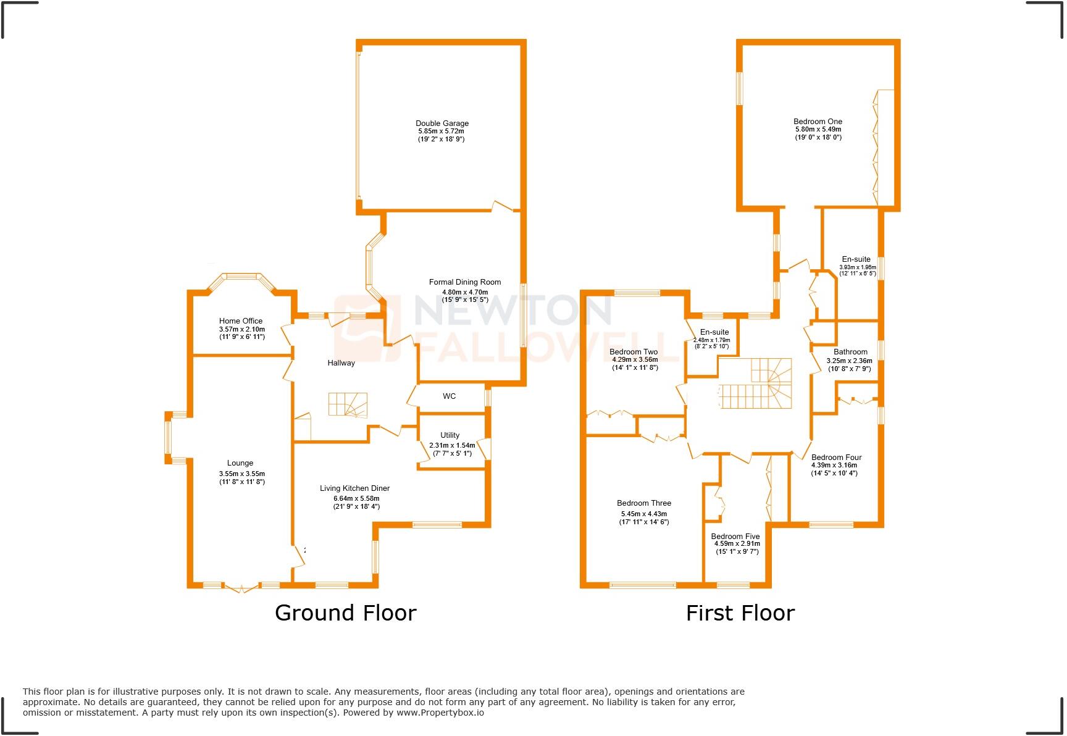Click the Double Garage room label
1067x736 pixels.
coord(441,123)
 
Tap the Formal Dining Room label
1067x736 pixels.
coord(465,282)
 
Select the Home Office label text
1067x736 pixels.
coord(241,321)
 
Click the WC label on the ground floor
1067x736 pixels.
coord(449,396)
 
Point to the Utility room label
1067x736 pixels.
coord(450,435)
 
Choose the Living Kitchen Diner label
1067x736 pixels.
coord(354,488)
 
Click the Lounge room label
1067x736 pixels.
coord(240,463)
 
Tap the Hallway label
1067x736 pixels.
coord(341,363)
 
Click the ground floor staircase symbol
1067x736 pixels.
coord(348,405)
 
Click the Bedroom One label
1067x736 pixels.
coord(818,122)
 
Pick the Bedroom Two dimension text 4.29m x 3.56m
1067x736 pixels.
coord(635,359)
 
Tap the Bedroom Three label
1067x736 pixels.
coord(644,503)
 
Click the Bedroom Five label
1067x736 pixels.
coord(735,537)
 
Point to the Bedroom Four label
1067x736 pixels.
coord(836,458)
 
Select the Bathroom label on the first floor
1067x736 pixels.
coord(850,352)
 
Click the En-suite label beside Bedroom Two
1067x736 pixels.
coord(714,332)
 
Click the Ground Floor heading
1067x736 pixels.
coord(345,613)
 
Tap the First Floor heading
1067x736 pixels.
coord(740,613)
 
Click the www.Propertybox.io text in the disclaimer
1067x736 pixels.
coord(440,713)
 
